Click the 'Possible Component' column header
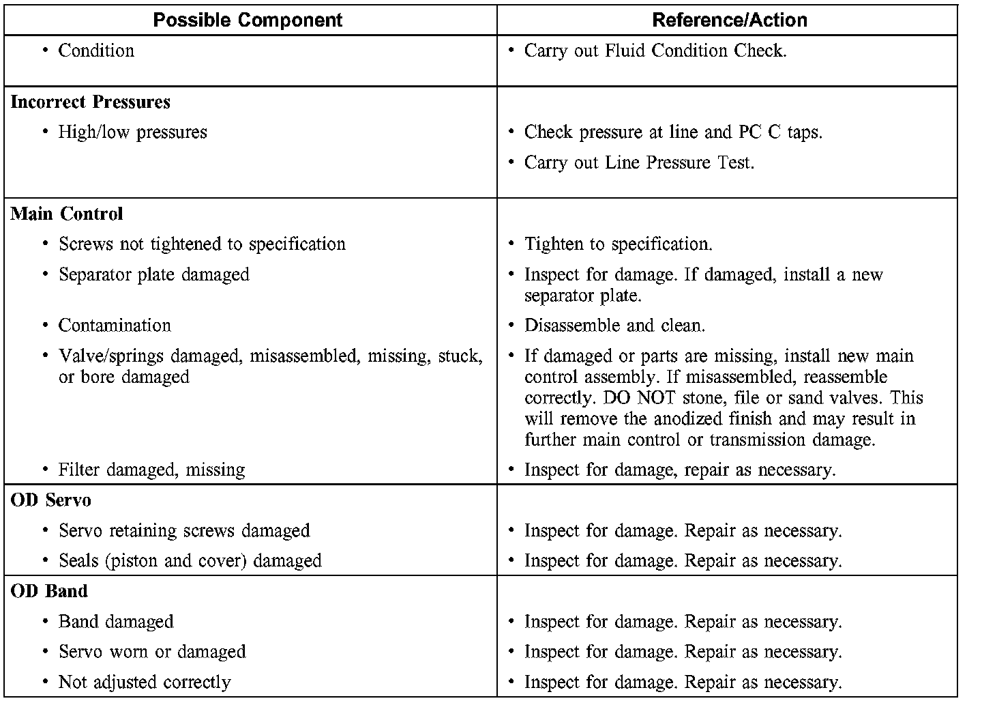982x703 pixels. pyautogui.click(x=248, y=20)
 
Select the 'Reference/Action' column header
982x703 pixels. pyautogui.click(x=729, y=20)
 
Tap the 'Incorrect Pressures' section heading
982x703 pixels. pyautogui.click(x=91, y=102)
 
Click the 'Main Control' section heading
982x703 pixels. pyautogui.click(x=67, y=214)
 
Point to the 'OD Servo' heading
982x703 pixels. pyautogui.click(x=51, y=500)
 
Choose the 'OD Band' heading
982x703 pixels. pyautogui.click(x=49, y=591)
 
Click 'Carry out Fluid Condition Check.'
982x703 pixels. pyautogui.click(x=655, y=51)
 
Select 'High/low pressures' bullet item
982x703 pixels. pyautogui.click(x=132, y=132)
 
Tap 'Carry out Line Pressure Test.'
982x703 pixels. pyautogui.click(x=639, y=163)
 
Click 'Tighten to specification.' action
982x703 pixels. pyautogui.click(x=618, y=244)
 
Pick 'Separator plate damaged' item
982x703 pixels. pyautogui.click(x=153, y=275)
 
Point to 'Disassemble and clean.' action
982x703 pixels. pyautogui.click(x=614, y=326)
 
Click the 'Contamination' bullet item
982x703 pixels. pyautogui.click(x=115, y=326)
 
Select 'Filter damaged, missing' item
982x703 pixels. pyautogui.click(x=151, y=470)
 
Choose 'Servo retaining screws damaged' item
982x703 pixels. pyautogui.click(x=184, y=531)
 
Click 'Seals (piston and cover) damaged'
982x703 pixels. pyautogui.click(x=190, y=561)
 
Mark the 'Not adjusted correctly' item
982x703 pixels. pyautogui.click(x=145, y=683)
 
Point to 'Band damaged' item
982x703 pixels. pyautogui.click(x=116, y=622)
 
